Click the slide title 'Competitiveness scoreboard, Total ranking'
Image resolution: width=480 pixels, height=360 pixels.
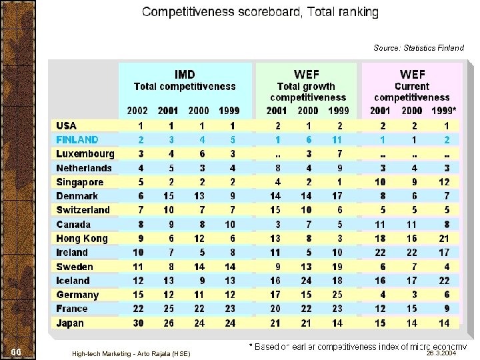260,12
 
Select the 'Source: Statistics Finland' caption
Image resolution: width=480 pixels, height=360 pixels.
418,48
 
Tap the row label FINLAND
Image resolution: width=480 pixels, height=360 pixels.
77,140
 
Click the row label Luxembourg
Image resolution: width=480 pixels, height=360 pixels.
85,154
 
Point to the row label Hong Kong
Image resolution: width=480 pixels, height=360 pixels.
81,239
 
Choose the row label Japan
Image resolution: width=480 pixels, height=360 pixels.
70,323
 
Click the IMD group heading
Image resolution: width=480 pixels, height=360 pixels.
185,74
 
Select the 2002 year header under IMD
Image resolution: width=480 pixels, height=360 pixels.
138,111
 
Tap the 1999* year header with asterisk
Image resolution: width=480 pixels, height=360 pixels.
445,111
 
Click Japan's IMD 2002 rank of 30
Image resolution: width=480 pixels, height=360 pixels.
137,323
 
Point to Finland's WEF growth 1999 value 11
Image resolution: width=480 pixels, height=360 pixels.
337,140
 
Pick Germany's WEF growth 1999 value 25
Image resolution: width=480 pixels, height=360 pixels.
337,295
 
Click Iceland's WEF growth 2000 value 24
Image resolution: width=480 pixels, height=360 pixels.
306,281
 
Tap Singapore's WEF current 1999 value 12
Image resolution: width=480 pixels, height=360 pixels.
444,182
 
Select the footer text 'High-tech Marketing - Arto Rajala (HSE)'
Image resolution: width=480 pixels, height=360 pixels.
131,353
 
